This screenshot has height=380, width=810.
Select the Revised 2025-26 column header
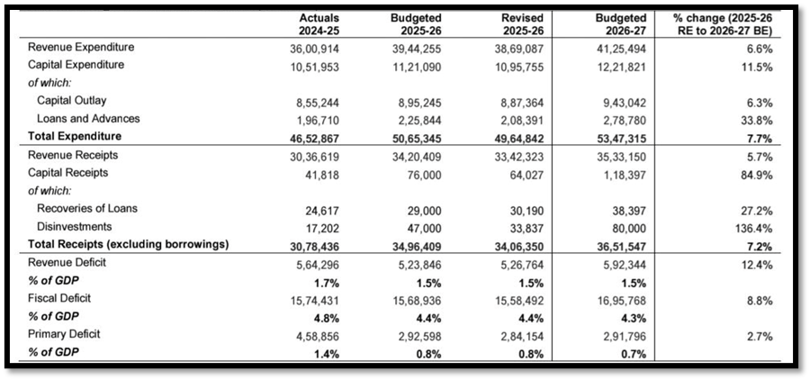[526, 23]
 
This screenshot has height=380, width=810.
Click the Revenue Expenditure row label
[81, 48]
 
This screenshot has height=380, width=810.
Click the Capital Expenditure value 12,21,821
[625, 66]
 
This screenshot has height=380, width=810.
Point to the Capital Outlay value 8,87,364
[529, 101]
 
